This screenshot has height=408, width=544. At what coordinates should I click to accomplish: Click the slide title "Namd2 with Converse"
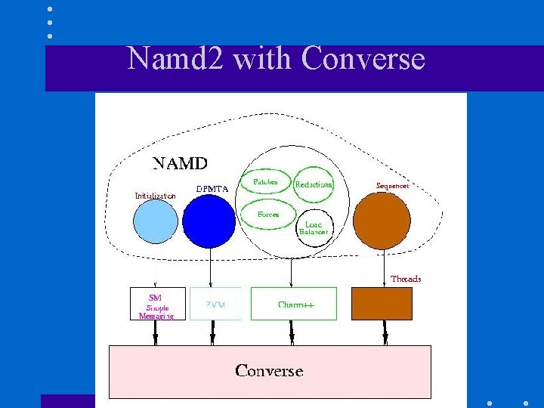point(276,59)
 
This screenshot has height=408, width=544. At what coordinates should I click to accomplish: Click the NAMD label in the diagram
point(181,163)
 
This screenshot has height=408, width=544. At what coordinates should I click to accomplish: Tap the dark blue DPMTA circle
point(209,221)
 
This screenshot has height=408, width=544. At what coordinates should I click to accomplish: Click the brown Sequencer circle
point(382,221)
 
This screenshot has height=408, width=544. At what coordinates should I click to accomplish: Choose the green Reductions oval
point(313,184)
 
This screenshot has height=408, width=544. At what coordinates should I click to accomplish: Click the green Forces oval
point(268,214)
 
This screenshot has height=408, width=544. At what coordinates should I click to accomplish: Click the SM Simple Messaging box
point(157,304)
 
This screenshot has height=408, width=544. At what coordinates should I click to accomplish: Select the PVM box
point(215,304)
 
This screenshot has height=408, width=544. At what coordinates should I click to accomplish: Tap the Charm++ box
point(295,304)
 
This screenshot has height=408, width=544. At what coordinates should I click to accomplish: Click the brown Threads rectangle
point(382,304)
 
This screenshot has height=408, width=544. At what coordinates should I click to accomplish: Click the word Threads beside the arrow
point(406,279)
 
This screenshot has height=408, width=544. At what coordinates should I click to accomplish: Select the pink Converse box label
point(269,371)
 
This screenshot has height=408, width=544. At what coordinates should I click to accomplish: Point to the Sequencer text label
point(392,185)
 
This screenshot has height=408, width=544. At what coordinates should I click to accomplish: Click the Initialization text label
point(155,196)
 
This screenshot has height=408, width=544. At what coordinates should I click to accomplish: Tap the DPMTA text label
point(213,189)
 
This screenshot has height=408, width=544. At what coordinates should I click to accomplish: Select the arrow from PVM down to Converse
point(213,332)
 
